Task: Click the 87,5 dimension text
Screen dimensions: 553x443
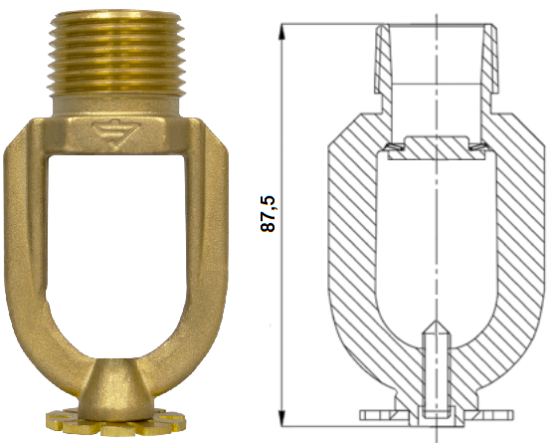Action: tap(268, 214)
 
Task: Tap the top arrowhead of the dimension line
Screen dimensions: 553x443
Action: tap(281, 31)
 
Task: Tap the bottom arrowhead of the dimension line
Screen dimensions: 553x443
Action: tap(281, 419)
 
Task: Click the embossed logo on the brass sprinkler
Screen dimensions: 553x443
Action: tap(116, 133)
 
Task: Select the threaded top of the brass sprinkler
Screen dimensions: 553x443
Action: tap(116, 53)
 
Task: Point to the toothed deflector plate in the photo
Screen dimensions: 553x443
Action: tap(115, 422)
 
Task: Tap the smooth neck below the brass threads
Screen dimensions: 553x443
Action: tap(116, 106)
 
